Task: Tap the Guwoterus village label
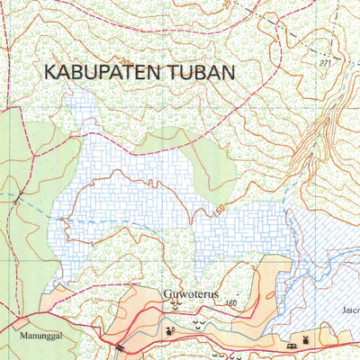[x=191, y=292]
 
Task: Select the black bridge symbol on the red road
[x=118, y=346]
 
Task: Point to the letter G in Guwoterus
[x=166, y=292]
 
